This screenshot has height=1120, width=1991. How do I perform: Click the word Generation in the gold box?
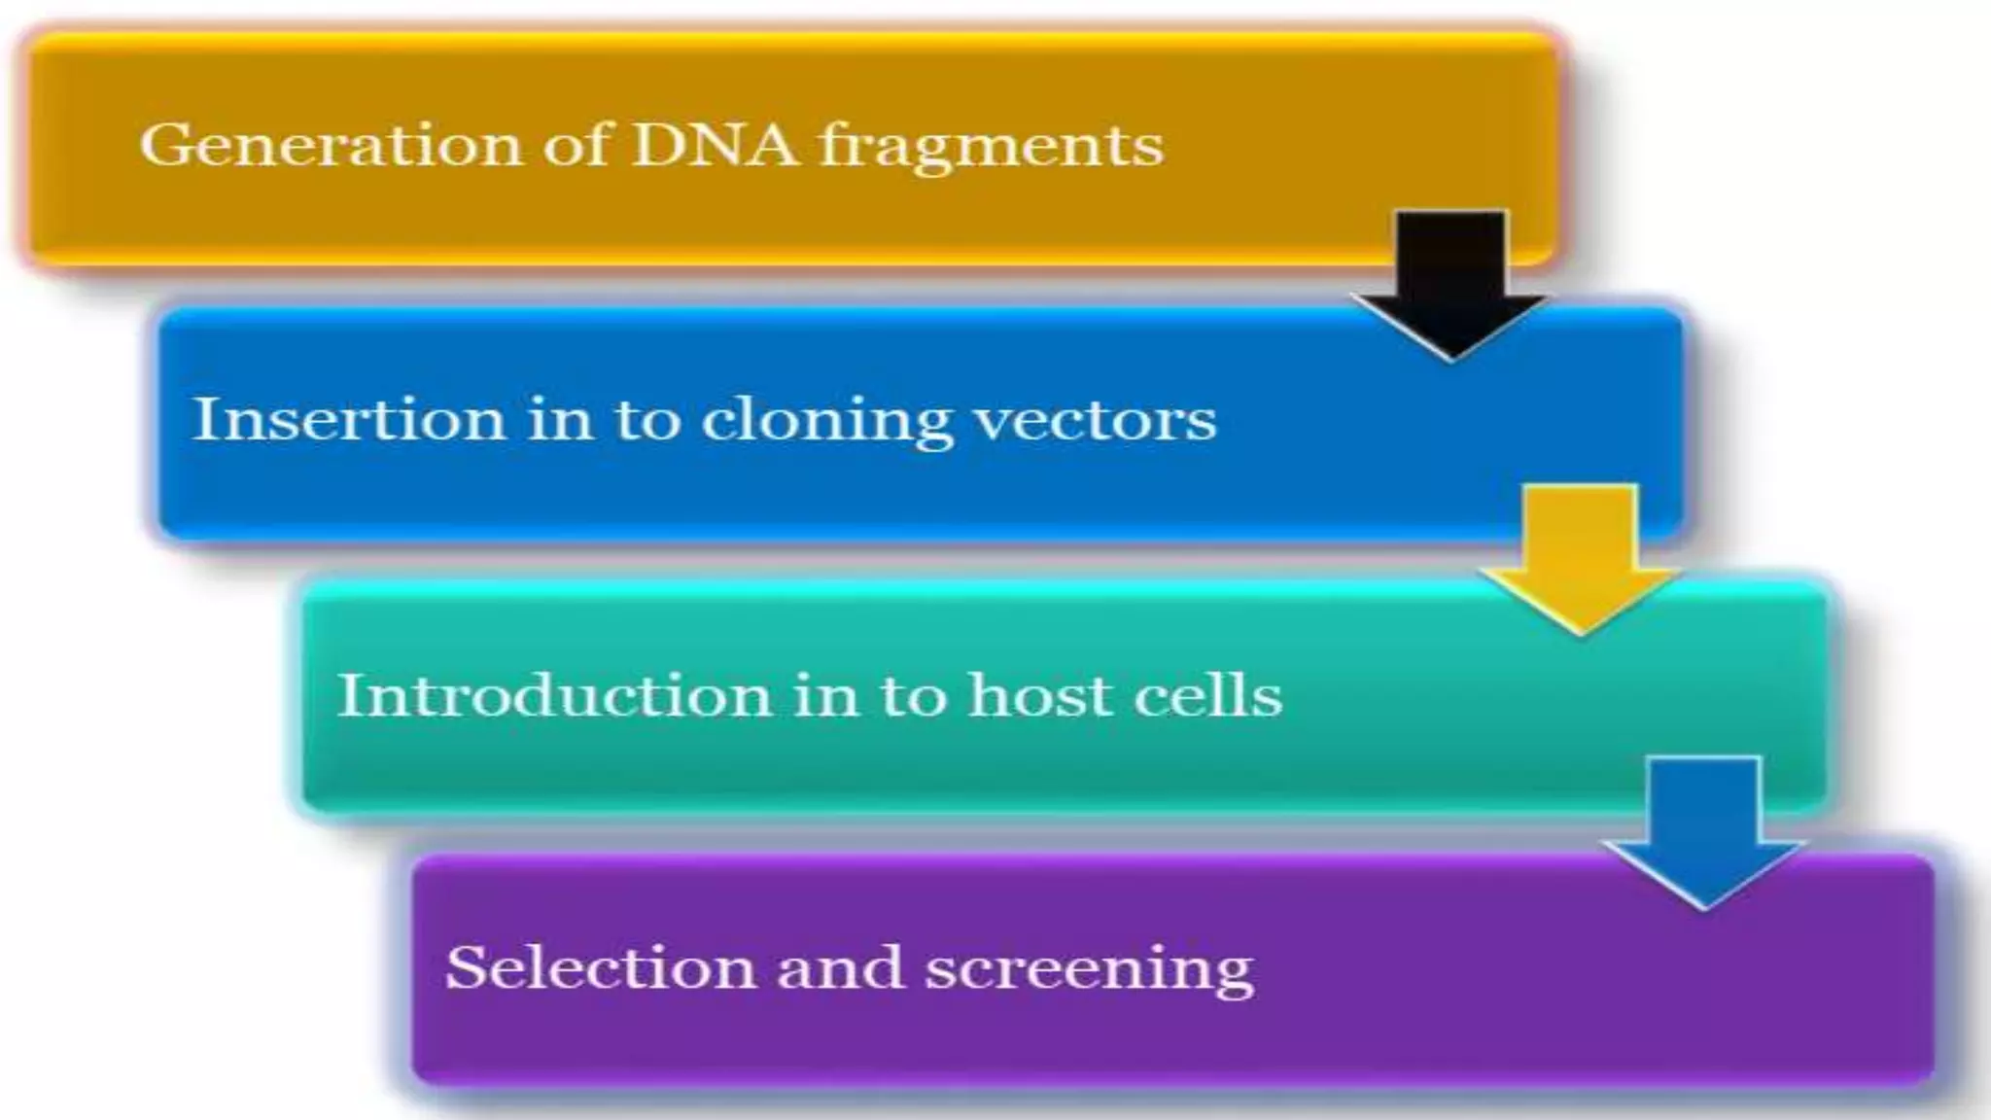331,147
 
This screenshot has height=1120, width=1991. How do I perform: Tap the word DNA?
716,146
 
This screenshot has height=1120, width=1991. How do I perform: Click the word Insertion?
349,419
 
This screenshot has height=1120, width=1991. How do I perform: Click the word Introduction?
554,695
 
